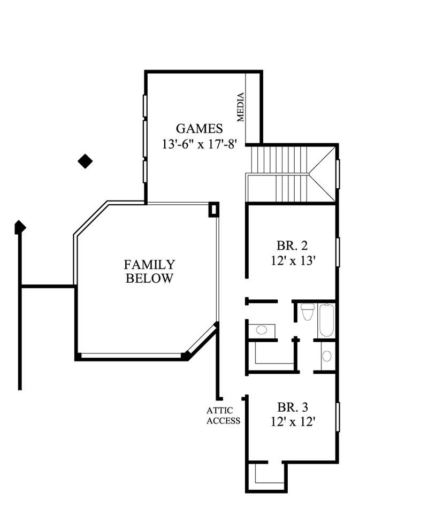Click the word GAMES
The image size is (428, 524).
[200, 128]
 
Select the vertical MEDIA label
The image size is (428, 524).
[241, 107]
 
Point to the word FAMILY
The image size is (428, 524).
[149, 265]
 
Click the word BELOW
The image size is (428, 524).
[149, 279]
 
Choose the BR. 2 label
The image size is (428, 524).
[292, 246]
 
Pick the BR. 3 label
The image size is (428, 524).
[292, 406]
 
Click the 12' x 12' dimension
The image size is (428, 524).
[292, 421]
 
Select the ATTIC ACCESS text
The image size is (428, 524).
[223, 415]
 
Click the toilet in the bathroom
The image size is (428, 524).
[307, 311]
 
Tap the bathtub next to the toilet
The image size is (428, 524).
[325, 320]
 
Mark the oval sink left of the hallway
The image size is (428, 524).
[261, 330]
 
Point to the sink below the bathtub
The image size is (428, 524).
[326, 356]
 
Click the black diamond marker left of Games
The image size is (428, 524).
[85, 160]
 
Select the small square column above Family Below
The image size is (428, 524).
[213, 209]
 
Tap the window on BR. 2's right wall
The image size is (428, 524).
[338, 251]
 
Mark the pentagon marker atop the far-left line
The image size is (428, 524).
[20, 227]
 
